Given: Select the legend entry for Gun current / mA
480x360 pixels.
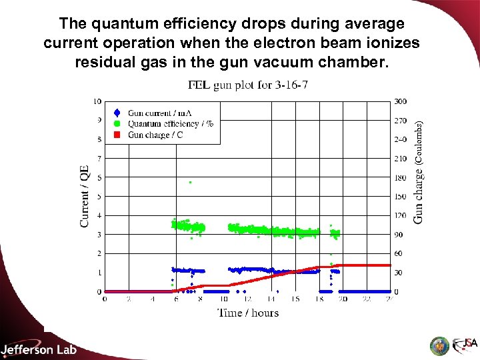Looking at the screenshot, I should [x=159, y=113].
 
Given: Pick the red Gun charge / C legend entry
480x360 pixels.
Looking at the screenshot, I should [x=155, y=134].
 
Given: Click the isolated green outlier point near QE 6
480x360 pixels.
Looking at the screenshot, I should [x=190, y=182].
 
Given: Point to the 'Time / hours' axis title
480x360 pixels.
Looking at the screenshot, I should [x=248, y=313].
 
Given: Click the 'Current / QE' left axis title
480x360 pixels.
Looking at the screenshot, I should [x=85, y=196].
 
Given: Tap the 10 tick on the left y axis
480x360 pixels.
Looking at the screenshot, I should [x=97, y=101].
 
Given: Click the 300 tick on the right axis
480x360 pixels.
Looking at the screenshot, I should [x=400, y=101].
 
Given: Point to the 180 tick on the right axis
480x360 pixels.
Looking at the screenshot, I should [x=400, y=178].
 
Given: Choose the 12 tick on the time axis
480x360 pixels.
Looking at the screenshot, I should [x=247, y=299].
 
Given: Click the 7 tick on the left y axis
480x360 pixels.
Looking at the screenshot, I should [x=99, y=159].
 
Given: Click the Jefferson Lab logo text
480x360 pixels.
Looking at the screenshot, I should [x=39, y=349].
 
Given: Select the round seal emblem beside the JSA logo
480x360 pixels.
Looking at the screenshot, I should [x=439, y=345].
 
